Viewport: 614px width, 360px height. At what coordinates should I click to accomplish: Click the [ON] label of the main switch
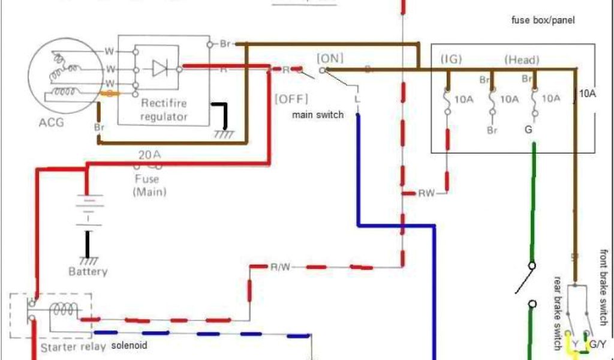[329, 58]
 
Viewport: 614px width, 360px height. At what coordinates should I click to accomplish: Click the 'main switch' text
[318, 114]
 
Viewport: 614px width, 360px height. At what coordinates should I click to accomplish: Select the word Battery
[88, 272]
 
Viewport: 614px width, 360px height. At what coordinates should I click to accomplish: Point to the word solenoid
[129, 346]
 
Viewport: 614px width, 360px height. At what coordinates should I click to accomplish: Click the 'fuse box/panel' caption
[543, 20]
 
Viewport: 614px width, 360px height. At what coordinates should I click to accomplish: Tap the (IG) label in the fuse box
[450, 59]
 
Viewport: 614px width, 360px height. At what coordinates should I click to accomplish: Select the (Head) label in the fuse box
[522, 59]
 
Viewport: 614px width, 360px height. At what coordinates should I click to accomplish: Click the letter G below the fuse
[528, 129]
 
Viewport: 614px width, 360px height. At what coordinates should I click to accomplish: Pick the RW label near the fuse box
[426, 193]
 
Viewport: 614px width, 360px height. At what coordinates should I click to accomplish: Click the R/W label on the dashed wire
[280, 267]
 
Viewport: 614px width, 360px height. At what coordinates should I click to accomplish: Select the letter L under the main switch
[357, 98]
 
